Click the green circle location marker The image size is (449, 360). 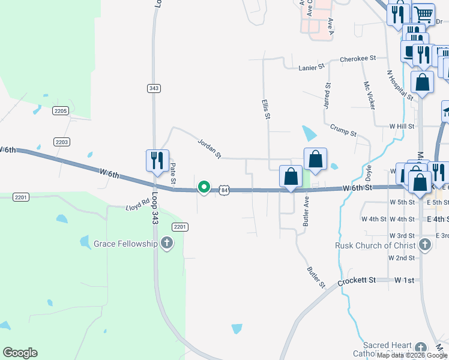(204, 188)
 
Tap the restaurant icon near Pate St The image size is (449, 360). (157, 161)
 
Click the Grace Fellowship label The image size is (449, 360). (125, 244)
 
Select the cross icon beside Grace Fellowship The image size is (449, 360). (167, 244)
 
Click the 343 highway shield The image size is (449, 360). (154, 88)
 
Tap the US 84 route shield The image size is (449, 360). (224, 190)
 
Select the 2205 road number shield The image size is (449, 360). (61, 111)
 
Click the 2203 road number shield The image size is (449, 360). (62, 142)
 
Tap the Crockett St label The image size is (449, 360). (357, 280)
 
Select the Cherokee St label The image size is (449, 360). (357, 59)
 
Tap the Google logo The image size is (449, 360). (20, 353)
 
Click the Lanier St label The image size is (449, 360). (311, 68)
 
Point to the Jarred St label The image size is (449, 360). (327, 96)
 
